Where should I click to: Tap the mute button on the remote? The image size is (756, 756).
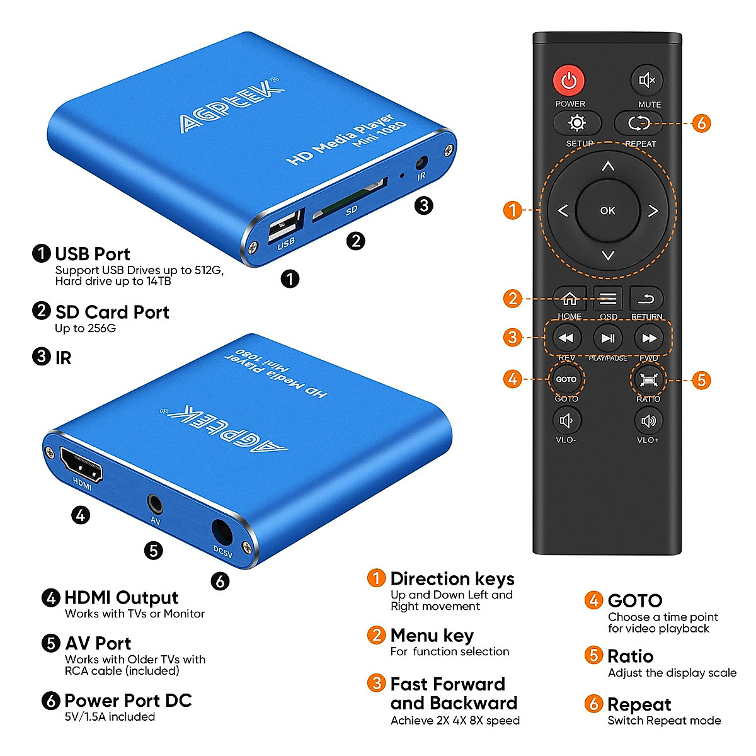[x=647, y=80]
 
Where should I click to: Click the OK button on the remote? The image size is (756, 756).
[x=608, y=210]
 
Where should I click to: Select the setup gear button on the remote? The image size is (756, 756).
[x=577, y=123]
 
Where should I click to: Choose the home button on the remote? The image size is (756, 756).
[x=570, y=299]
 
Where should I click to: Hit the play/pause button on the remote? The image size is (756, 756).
[x=608, y=338]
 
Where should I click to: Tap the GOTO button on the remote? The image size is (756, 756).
[x=566, y=379]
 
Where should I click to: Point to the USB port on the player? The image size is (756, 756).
[x=284, y=226]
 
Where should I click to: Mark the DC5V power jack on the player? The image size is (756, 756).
[x=221, y=532]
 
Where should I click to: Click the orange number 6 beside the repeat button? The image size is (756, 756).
[x=701, y=123]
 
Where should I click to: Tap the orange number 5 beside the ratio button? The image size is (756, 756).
[x=701, y=380]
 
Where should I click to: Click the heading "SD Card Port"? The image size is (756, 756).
[x=112, y=312]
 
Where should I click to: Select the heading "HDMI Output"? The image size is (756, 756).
[x=121, y=597]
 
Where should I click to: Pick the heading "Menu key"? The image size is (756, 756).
[x=432, y=635]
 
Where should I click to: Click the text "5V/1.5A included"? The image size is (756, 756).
[x=110, y=717]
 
